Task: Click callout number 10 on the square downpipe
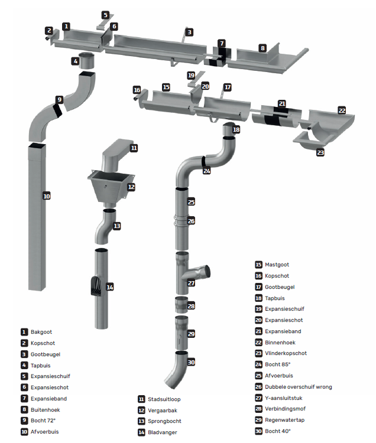click(x=47, y=195)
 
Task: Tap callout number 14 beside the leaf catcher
click(x=109, y=287)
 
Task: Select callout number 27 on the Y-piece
click(x=191, y=283)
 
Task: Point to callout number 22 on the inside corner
click(x=342, y=110)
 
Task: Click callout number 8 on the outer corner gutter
click(x=262, y=47)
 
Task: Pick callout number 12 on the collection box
click(x=131, y=187)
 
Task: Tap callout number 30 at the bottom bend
click(x=191, y=362)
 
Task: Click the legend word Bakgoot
click(x=41, y=332)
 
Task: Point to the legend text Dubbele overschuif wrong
click(x=298, y=387)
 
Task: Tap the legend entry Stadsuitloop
click(x=165, y=399)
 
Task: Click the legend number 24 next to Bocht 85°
click(x=258, y=364)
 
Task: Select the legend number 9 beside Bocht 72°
click(x=24, y=421)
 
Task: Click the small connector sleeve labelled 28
click(x=183, y=305)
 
